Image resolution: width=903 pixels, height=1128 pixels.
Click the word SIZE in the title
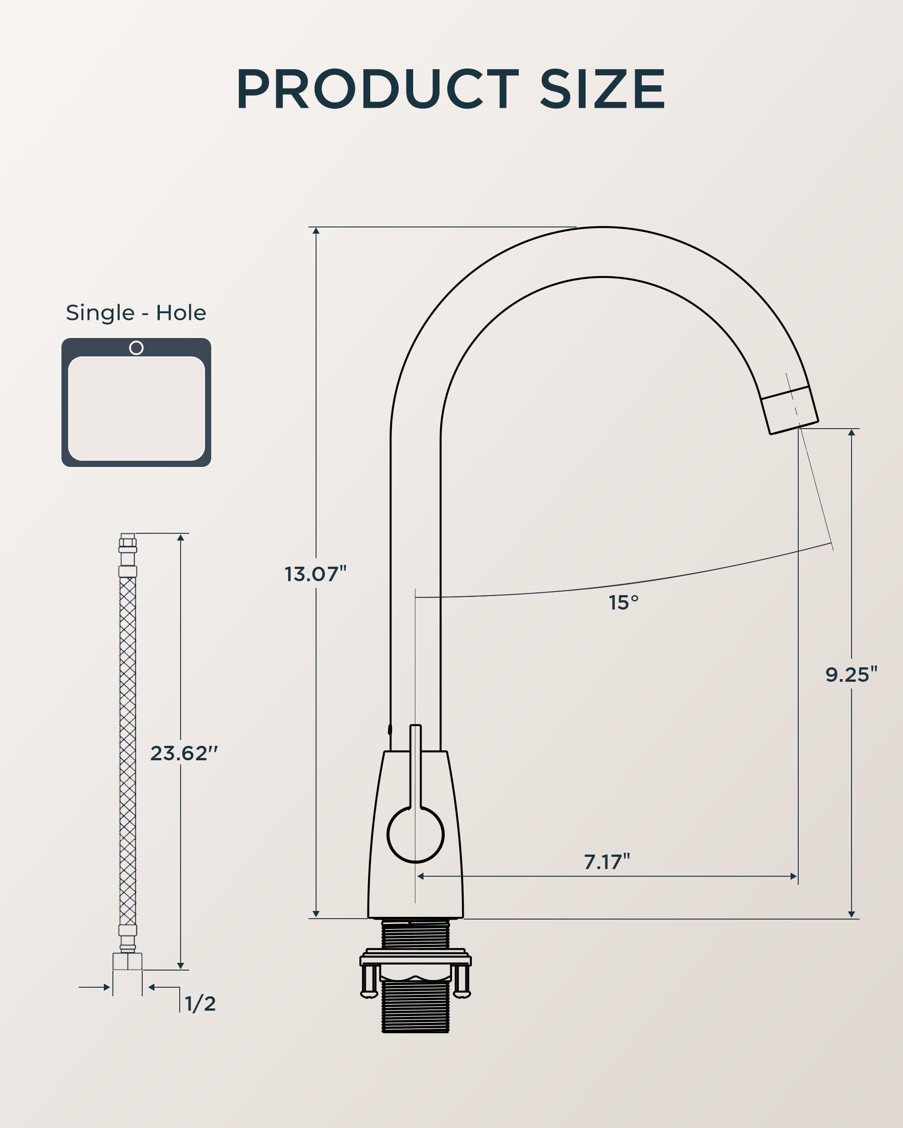(x=602, y=88)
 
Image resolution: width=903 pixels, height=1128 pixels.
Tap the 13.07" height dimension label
(x=316, y=574)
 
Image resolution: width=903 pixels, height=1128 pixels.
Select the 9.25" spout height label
(x=851, y=675)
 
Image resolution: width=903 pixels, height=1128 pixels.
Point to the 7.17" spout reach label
(x=607, y=862)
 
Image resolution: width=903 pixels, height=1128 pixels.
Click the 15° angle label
(x=624, y=603)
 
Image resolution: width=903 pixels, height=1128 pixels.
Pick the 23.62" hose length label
(x=184, y=753)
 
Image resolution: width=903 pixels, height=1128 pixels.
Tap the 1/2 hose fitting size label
(x=200, y=1003)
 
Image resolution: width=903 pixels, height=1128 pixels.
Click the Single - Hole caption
(x=136, y=312)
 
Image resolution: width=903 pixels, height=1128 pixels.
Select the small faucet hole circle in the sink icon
(x=136, y=347)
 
